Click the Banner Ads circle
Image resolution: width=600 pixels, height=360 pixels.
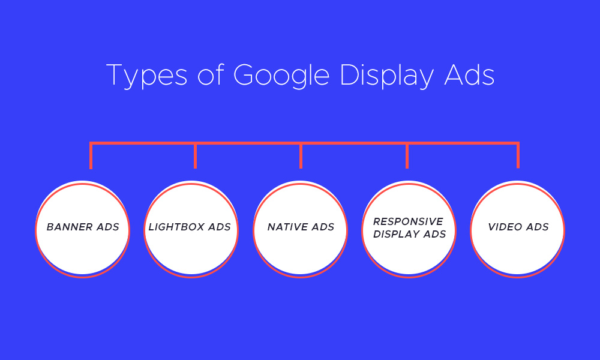coord(83,229)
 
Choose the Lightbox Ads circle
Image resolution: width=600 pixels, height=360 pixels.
coord(191,229)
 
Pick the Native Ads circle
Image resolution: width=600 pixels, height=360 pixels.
coord(301,229)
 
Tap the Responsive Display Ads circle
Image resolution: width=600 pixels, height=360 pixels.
coord(409,229)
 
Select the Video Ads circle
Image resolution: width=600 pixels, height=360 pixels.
coord(518,229)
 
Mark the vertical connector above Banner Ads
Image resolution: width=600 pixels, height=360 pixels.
coord(91,156)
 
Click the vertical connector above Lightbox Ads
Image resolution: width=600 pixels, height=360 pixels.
coord(195,156)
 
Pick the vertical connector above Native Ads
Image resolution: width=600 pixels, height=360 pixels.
coord(301,156)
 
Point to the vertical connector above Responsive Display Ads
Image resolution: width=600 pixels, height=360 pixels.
coord(407,156)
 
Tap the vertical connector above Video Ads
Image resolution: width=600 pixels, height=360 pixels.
coord(518,156)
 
